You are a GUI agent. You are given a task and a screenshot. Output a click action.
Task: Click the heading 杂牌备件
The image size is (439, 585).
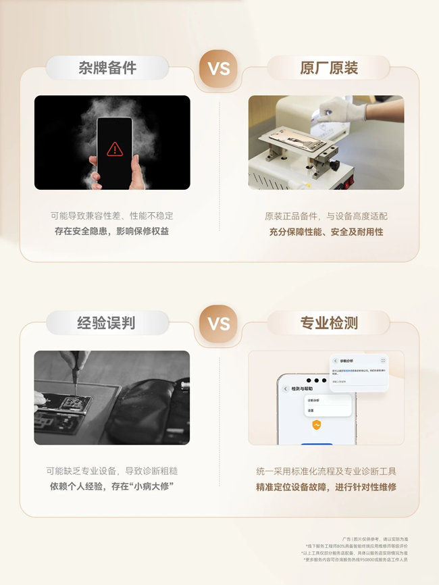click(x=107, y=68)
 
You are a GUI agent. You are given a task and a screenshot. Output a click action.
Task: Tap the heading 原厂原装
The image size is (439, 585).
click(x=329, y=68)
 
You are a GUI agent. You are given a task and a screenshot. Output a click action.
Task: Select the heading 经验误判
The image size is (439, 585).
click(x=107, y=323)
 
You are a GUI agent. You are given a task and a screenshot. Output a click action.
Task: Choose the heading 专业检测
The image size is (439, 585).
click(x=329, y=323)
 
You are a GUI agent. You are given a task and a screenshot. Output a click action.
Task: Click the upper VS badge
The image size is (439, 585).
click(x=218, y=69)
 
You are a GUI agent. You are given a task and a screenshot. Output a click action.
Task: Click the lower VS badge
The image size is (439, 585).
click(x=218, y=324)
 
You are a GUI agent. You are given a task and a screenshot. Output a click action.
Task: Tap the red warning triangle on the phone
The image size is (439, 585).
click(x=114, y=148)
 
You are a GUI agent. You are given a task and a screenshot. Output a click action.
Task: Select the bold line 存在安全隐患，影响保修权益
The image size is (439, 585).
click(x=112, y=232)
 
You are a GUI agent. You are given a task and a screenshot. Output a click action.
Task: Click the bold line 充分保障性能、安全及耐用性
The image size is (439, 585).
click(x=326, y=232)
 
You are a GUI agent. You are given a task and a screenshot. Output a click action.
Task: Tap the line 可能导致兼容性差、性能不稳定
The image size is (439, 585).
click(x=112, y=216)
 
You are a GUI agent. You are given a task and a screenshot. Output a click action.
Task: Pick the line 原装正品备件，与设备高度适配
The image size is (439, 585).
click(x=326, y=216)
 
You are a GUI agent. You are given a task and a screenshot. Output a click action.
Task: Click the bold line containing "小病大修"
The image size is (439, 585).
click(x=112, y=486)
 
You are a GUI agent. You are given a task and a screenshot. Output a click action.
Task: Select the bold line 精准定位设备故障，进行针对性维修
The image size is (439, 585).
click(x=326, y=486)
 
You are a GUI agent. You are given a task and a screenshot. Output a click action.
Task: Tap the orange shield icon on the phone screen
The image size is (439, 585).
click(x=316, y=425)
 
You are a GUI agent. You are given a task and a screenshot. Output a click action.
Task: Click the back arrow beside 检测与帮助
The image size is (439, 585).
click(x=285, y=389)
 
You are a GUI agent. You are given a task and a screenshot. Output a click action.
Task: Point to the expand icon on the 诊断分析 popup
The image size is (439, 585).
click(x=383, y=361)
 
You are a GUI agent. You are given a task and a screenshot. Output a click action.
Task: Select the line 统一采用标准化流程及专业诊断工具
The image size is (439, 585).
click(x=326, y=471)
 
